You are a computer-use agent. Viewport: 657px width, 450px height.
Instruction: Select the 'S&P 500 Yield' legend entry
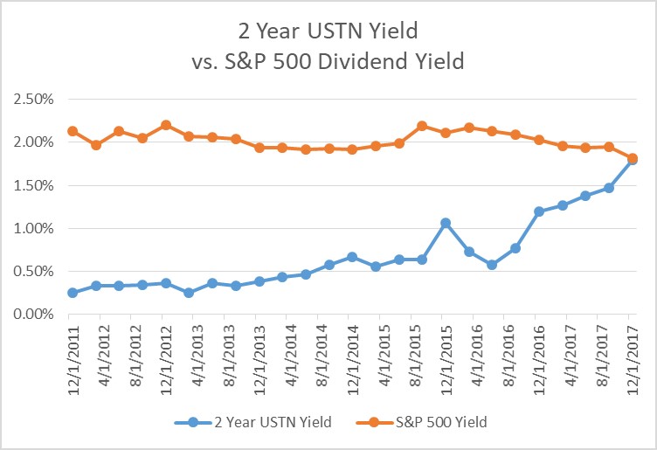coord(442,422)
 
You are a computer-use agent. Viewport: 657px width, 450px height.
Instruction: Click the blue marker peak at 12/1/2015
coord(446,223)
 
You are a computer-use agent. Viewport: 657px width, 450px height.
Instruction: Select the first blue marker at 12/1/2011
coord(73,293)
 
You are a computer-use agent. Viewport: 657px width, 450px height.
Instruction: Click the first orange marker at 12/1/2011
coord(73,131)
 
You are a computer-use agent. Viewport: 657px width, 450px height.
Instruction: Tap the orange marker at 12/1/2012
coord(166,125)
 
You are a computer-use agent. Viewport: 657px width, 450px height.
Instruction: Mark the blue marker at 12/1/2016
coord(539,211)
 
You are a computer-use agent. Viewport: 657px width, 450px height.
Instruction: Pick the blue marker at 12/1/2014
coord(352,257)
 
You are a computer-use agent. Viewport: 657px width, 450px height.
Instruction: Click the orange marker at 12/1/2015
coord(446,133)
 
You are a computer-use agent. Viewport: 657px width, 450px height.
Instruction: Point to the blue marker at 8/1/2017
coord(609,188)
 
